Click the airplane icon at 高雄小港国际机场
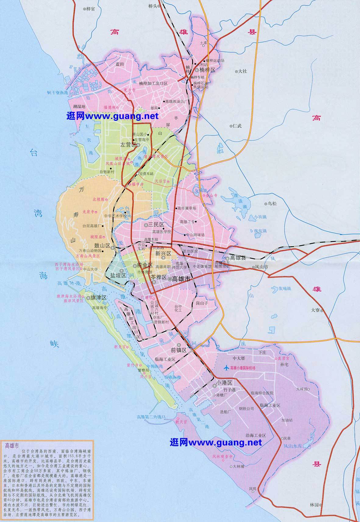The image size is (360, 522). [x=226, y=368]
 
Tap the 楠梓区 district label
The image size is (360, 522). [x=207, y=70]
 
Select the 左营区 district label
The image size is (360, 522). [x=128, y=145]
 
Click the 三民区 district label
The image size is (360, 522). [x=156, y=225]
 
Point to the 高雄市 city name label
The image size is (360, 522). [x=181, y=279]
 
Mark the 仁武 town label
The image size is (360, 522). [x=237, y=126]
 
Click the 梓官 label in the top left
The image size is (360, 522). [x=91, y=9]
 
